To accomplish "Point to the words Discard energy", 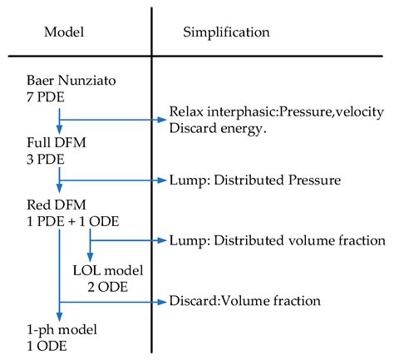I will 211,127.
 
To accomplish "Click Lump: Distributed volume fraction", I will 276,240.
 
